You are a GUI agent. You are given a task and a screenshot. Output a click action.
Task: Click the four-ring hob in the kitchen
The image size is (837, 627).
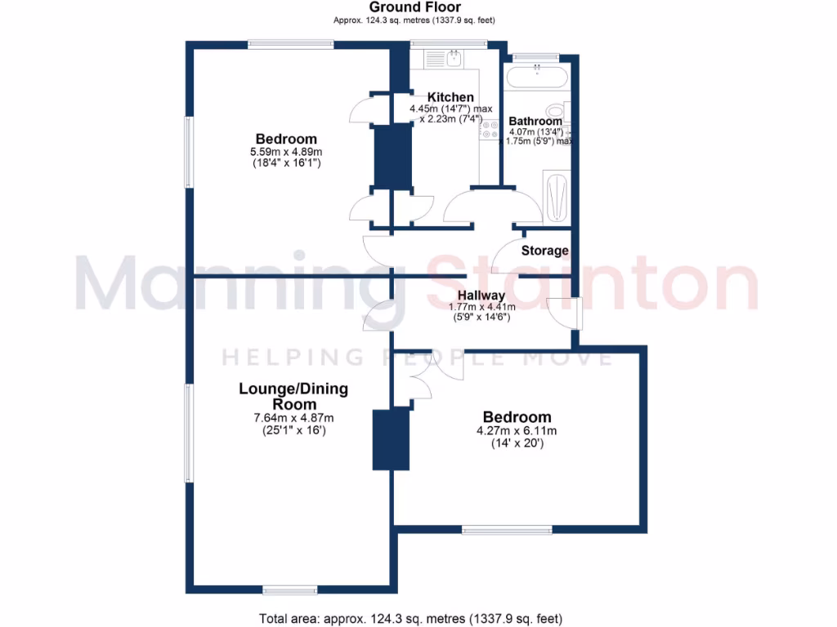point(490,130)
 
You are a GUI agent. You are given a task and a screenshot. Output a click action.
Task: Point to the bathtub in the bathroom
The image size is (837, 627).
point(535,79)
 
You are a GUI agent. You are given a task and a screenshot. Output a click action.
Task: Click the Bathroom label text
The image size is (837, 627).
point(535,122)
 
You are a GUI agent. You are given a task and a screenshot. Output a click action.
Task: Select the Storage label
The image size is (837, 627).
point(544,251)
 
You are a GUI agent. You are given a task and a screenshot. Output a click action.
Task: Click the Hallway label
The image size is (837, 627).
point(481,296)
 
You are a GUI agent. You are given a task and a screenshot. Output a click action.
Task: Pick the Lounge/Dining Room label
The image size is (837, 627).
point(293,396)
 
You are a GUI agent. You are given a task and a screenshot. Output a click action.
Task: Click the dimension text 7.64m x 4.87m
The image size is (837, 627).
point(293,418)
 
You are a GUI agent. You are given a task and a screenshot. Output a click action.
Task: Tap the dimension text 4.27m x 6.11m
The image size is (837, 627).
point(517,431)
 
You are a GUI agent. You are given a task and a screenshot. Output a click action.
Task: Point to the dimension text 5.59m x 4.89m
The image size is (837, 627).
point(285,152)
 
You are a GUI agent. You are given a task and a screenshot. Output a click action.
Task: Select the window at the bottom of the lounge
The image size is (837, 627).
point(290,589)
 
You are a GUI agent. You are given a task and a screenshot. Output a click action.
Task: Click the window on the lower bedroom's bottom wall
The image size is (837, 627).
point(507,530)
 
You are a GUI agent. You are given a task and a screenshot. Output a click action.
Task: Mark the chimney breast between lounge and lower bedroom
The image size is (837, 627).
point(391,439)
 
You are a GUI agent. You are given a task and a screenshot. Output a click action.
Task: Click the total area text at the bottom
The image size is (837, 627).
point(410,618)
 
